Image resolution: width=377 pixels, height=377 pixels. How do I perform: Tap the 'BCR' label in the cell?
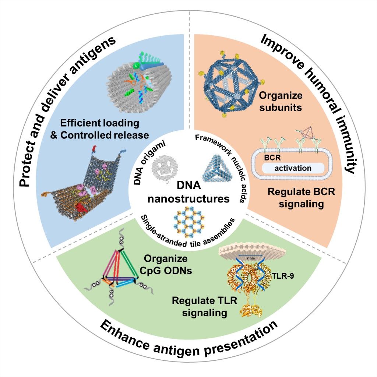270,156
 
